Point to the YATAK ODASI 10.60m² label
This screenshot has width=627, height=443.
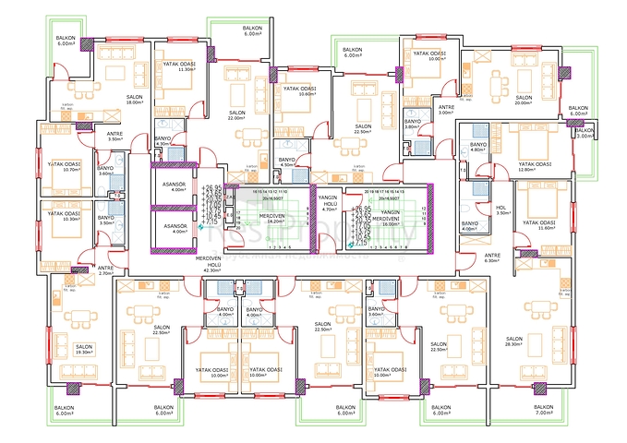point(300,91)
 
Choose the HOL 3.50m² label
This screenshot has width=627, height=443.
point(501,210)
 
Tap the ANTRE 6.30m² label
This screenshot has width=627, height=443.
point(493,257)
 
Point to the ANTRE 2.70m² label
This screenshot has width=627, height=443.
point(104,270)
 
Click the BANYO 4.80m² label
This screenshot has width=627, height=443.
point(477,148)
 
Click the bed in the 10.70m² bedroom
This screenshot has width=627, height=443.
point(58,157)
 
